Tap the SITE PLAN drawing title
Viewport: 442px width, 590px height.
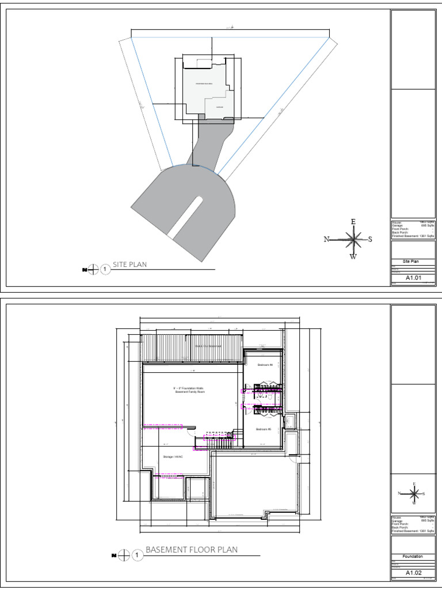click(129, 264)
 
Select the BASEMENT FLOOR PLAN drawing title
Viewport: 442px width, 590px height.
click(191, 550)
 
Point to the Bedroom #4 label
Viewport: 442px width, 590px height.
click(264, 365)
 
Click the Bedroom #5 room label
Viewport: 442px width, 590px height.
click(263, 429)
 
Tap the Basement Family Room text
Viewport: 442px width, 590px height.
click(189, 390)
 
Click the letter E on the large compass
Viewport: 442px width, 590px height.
click(353, 222)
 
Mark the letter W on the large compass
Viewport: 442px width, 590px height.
click(353, 257)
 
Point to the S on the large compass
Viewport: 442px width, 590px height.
click(370, 239)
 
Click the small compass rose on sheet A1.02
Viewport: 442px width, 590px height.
click(413, 493)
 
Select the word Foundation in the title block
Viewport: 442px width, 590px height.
click(413, 557)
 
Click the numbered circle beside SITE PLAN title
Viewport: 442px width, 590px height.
click(105, 269)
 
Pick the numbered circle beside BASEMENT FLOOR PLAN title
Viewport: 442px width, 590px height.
click(137, 555)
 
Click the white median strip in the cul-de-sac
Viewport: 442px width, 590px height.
click(185, 216)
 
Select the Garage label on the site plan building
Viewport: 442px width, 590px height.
click(219, 107)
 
